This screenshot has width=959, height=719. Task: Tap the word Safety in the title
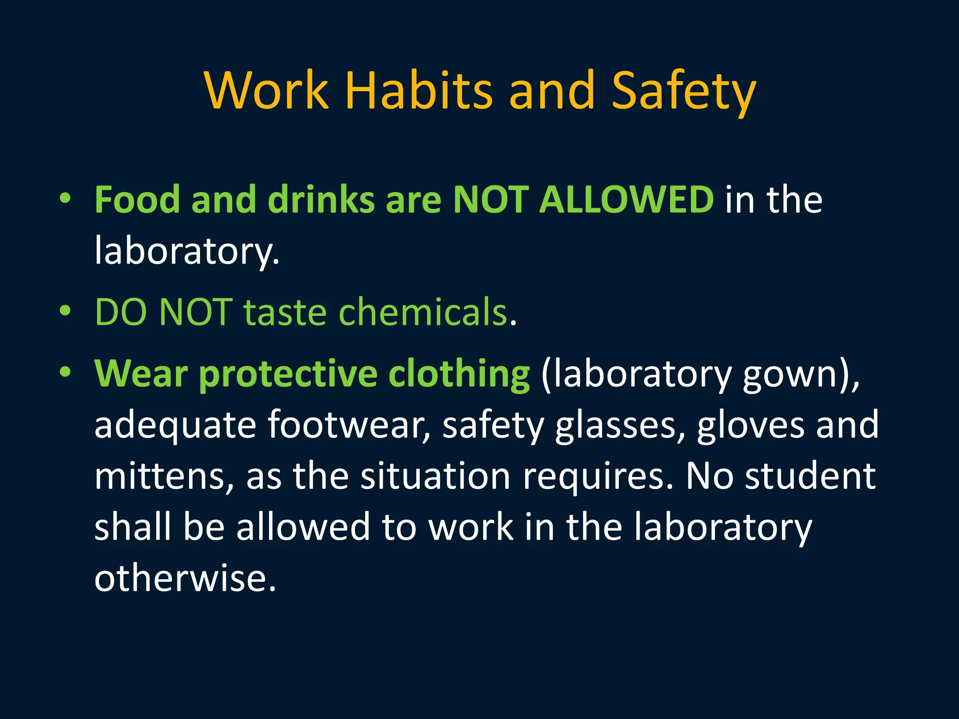point(684,91)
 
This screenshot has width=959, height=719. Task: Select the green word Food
point(137,200)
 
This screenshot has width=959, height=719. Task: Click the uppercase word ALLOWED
point(627,200)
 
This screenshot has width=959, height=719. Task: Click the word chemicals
point(423,312)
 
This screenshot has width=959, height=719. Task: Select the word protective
point(288,374)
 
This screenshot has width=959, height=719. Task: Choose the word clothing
point(459,374)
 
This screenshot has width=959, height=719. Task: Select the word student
point(810,476)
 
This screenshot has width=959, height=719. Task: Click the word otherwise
point(184,578)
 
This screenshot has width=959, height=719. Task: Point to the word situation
point(435,476)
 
